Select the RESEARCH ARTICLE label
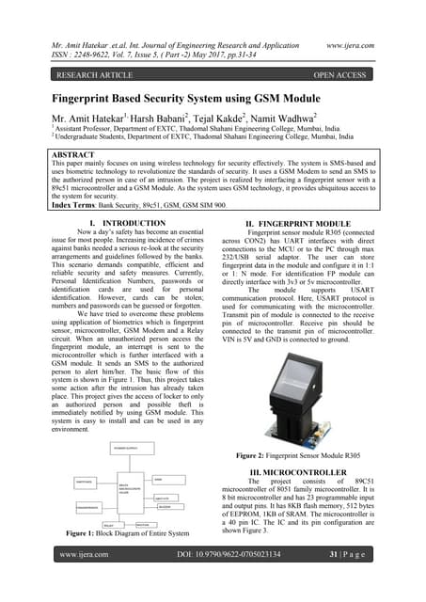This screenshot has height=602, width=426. [93, 71]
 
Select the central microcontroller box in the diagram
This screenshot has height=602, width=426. [126, 489]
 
